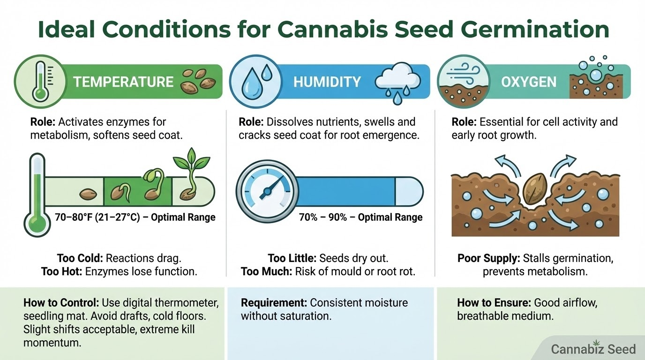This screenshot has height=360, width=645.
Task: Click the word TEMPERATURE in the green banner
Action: tap(123, 82)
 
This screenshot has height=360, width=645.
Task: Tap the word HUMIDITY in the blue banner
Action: tap(327, 82)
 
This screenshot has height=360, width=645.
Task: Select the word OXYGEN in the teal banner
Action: tap(529, 82)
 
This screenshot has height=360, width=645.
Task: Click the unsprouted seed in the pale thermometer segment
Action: tap(88, 194)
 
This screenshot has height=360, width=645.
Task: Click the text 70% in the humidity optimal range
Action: tap(308, 217)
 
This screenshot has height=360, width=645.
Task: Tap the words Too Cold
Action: tap(80, 258)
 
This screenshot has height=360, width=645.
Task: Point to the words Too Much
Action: tap(266, 271)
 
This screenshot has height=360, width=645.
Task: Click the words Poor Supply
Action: tap(488, 258)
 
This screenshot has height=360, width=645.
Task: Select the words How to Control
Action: tap(61, 303)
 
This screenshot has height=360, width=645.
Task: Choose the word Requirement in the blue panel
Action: tap(274, 303)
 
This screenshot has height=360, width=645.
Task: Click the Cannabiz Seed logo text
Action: tap(593, 349)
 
